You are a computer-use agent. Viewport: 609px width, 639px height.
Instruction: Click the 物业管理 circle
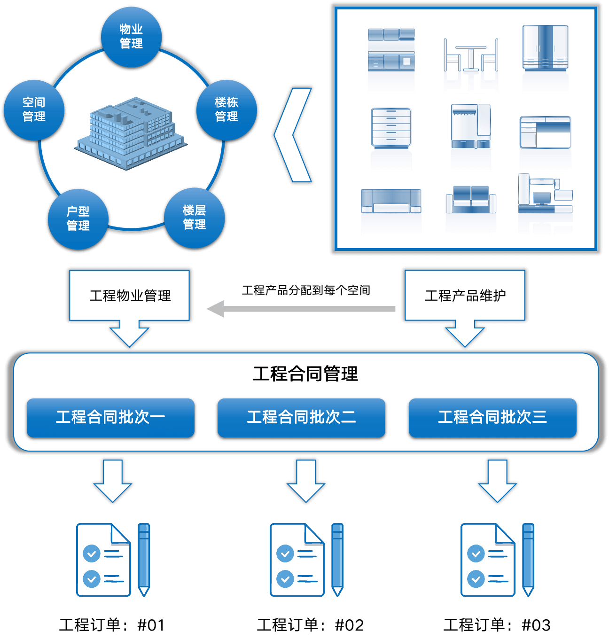132,37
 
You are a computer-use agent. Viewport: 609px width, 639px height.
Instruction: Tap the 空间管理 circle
34,110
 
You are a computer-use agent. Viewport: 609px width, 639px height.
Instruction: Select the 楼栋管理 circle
226,110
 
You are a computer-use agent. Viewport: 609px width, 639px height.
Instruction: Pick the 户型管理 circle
78,219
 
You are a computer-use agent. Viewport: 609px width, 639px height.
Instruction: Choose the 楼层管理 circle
195,218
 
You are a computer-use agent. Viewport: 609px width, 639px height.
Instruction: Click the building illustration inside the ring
131,133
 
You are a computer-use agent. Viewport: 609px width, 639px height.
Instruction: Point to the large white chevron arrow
293,134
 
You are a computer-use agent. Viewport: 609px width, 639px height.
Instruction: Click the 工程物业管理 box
130,296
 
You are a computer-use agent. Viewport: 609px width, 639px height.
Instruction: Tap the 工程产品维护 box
465,296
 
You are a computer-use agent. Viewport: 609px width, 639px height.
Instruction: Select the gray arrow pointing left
301,309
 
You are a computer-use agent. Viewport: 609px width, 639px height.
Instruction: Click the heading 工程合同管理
305,374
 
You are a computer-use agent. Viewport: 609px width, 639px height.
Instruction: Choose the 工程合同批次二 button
301,417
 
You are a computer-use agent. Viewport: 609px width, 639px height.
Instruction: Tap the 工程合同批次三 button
492,417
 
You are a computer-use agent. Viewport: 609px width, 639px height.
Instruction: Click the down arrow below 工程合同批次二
306,480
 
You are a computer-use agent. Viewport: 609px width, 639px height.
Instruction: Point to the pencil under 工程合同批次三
528,559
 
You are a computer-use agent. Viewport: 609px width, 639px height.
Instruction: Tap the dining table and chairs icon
471,66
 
